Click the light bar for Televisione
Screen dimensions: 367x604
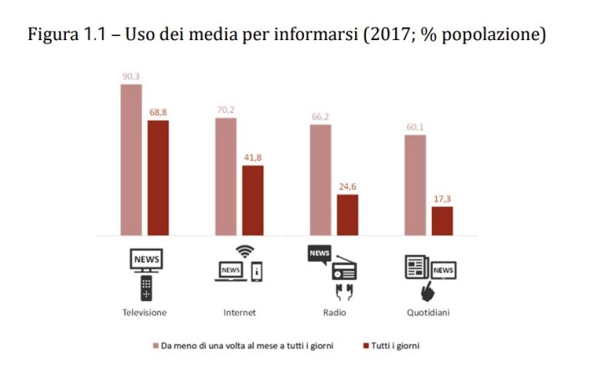coord(131,160)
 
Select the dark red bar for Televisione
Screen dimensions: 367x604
coord(158,177)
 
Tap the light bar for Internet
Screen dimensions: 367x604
coord(226,176)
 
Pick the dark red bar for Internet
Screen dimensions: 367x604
coord(253,200)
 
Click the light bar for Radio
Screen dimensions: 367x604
coord(320,180)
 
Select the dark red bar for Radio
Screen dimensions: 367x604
coord(348,215)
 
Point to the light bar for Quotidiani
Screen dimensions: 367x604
coord(415,185)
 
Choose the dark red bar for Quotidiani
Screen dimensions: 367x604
coord(442,221)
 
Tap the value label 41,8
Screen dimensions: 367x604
coord(253,157)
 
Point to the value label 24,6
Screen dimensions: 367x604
coord(348,186)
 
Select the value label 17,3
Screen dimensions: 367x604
coord(442,198)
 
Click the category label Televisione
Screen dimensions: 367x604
coord(145,312)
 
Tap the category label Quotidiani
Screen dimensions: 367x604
coord(429,312)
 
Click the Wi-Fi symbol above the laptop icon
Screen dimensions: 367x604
coord(244,251)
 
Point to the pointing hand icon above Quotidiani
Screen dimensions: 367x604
coord(427,291)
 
